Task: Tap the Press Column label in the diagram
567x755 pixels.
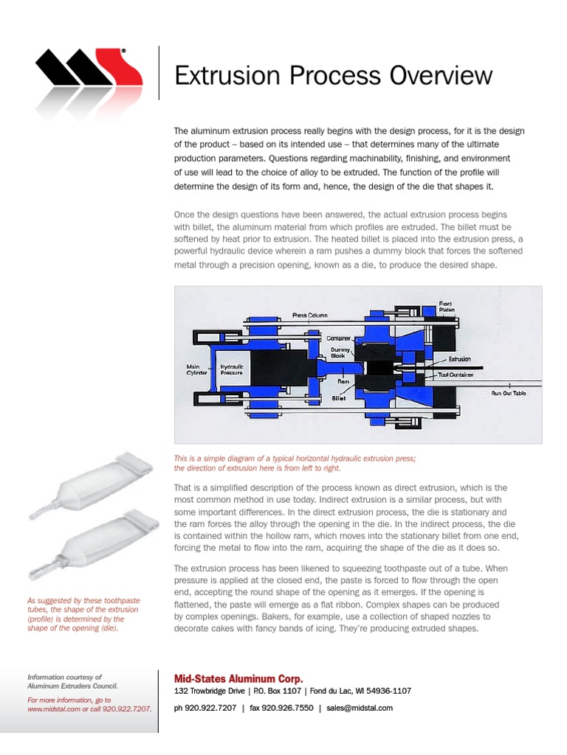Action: click(x=309, y=316)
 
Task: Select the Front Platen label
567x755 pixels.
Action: click(x=446, y=307)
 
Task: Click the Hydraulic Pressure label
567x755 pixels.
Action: click(x=233, y=369)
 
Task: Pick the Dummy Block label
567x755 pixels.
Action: click(x=337, y=352)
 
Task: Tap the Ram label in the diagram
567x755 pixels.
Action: click(x=343, y=381)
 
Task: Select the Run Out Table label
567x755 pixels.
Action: click(x=509, y=393)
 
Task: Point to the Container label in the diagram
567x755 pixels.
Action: click(x=339, y=338)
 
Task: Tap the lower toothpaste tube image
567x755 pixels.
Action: click(x=94, y=541)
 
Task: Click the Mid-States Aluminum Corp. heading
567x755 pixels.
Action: click(x=238, y=678)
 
